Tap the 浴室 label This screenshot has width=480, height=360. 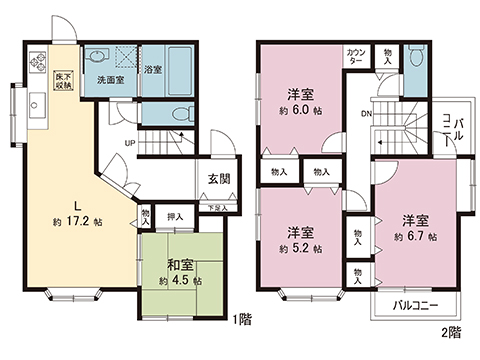coord(153,70)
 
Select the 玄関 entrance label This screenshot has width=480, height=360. coord(219,179)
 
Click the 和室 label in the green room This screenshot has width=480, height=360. coord(180,265)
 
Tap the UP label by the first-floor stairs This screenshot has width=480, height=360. coord(130,142)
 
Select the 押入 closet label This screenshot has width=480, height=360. coord(176,216)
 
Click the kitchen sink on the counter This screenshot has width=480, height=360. coord(35,104)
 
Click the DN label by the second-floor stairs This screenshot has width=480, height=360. coord(367,113)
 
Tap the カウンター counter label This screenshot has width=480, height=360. coord(356,56)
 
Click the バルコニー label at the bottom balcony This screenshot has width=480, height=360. coord(412,304)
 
